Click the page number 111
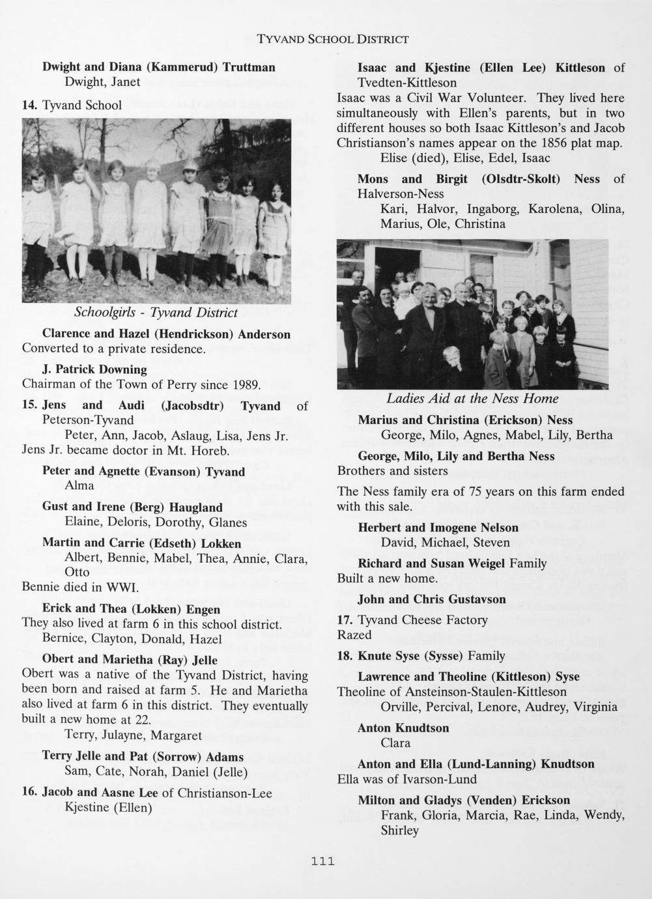322,861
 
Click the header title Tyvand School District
333,39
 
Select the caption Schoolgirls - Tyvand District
156,313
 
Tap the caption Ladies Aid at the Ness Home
472,398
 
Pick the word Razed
354,635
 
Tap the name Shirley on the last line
399,831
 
